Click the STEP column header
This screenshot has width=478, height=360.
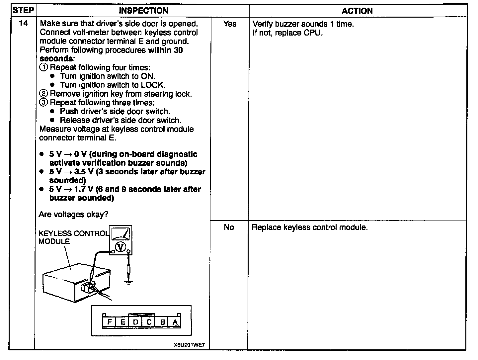pyautogui.click(x=23, y=10)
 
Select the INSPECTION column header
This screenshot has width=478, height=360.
pyautogui.click(x=143, y=11)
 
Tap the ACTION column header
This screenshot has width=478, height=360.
pyautogui.click(x=357, y=11)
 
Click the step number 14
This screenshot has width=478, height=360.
pyautogui.click(x=23, y=24)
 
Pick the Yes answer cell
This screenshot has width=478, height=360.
pyautogui.click(x=230, y=24)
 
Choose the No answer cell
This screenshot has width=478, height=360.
pyautogui.click(x=229, y=227)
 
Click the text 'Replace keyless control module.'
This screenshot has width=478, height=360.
pyautogui.click(x=310, y=227)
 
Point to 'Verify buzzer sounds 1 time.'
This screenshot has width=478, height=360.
pyautogui.click(x=303, y=24)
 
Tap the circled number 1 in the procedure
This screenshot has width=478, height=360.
pyautogui.click(x=43, y=67)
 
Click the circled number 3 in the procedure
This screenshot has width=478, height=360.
pyautogui.click(x=43, y=103)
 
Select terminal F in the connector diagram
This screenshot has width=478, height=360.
pyautogui.click(x=110, y=321)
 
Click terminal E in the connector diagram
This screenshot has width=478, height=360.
pyautogui.click(x=122, y=321)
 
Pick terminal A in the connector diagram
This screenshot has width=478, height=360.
pyautogui.click(x=175, y=321)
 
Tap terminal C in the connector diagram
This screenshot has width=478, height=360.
pyautogui.click(x=149, y=321)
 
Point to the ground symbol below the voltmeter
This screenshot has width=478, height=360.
pyautogui.click(x=128, y=282)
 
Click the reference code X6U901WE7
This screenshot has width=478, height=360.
pyautogui.click(x=189, y=345)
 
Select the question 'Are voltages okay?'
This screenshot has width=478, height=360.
pyautogui.click(x=73, y=215)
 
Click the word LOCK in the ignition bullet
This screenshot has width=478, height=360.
pyautogui.click(x=152, y=85)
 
